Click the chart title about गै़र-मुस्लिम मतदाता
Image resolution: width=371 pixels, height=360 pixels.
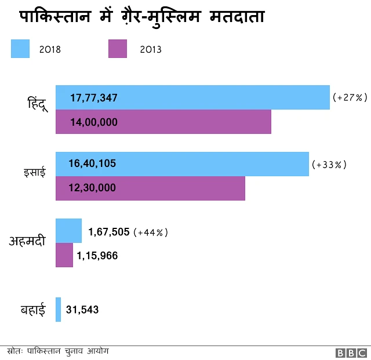pyautogui.click(x=142, y=17)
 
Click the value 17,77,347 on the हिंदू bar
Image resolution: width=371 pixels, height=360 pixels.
pyautogui.click(x=94, y=98)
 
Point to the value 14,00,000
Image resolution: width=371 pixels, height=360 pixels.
pyautogui.click(x=94, y=122)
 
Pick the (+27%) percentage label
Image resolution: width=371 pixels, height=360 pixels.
pyautogui.click(x=350, y=98)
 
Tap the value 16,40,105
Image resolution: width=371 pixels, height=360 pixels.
pyautogui.click(x=93, y=164)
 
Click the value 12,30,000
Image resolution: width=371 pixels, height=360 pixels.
pyautogui.click(x=92, y=188)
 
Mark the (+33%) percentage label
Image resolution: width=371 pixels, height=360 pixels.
pyautogui.click(x=329, y=165)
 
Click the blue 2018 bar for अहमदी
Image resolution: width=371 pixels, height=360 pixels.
pyautogui.click(x=68, y=230)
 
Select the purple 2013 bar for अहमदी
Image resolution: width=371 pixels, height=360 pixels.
pyautogui.click(x=64, y=255)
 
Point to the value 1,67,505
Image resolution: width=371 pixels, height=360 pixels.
pyautogui.click(x=108, y=232)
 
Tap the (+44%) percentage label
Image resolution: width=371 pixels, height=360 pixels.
pyautogui.click(x=151, y=232)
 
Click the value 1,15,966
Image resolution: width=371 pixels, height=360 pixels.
pyautogui.click(x=97, y=256)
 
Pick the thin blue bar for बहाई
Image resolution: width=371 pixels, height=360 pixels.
pyautogui.click(x=58, y=310)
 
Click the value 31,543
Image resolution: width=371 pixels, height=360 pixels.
pyautogui.click(x=82, y=310)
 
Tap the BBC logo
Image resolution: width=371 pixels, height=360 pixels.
pyautogui.click(x=350, y=352)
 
